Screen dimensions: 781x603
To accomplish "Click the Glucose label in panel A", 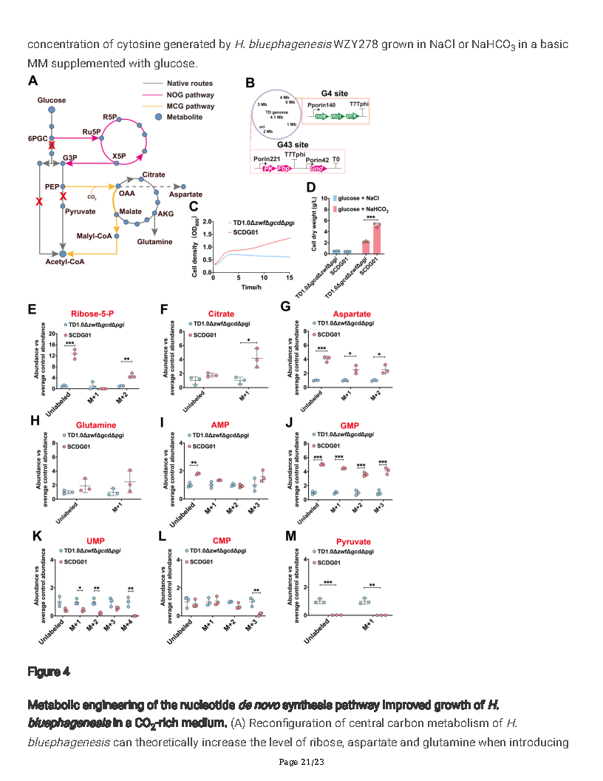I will (x=51, y=100).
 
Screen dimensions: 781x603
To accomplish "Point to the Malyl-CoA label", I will (x=93, y=236).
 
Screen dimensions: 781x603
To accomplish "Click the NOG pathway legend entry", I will (x=190, y=95).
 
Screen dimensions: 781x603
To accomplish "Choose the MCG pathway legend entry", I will (x=190, y=106).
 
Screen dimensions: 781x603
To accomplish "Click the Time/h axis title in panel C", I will (x=253, y=286).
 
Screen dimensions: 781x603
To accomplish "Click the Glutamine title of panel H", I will (x=95, y=425).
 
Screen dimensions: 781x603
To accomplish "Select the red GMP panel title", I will (x=349, y=425).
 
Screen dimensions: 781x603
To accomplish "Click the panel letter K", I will (x=32, y=535).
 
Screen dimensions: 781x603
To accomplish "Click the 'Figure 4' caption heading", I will (x=49, y=672).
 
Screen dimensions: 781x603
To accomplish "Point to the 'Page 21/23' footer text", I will (x=301, y=763).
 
